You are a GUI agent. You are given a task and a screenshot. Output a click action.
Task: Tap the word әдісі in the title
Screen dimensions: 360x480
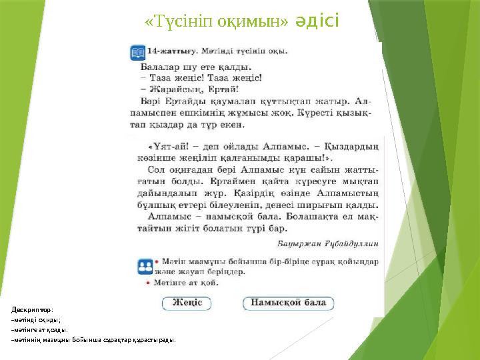317,22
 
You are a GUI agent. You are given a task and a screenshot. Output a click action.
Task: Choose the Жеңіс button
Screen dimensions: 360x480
187,303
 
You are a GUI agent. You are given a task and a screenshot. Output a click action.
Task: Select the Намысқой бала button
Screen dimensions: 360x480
288,303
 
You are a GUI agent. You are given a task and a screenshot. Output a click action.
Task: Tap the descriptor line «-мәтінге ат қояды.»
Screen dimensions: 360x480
39,329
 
